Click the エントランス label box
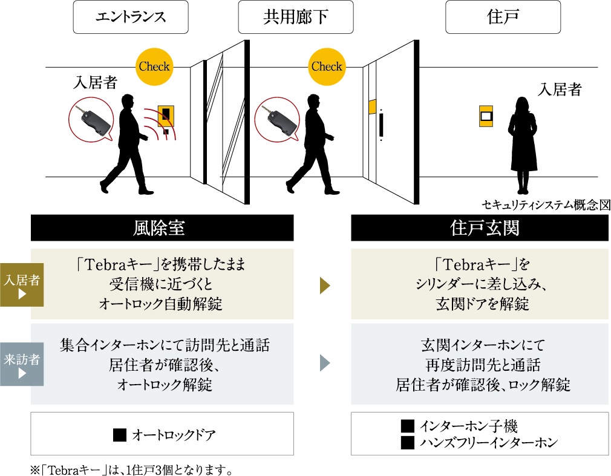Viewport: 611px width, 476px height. (131, 17)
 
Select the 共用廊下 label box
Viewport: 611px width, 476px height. (295, 17)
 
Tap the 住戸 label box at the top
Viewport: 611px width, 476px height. (494, 17)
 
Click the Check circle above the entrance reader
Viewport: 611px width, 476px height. (154, 67)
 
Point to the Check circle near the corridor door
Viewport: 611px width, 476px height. (327, 67)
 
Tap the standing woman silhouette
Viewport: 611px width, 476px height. (522, 142)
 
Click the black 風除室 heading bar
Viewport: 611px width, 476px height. (162, 228)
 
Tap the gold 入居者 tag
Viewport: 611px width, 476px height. (22, 285)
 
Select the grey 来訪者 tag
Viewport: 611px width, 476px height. (22, 364)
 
